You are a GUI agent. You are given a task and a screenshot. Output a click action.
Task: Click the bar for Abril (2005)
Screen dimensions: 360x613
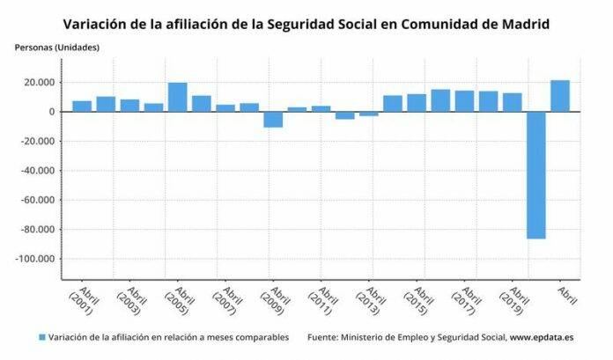178,98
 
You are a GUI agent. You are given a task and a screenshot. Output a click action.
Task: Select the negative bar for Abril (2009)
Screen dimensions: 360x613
273,120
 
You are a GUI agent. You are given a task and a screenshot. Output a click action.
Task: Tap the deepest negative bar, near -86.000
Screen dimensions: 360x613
536,175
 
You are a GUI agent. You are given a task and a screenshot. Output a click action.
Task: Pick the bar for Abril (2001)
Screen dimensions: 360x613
82,107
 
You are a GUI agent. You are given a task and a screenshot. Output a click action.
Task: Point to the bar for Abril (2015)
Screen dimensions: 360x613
417,103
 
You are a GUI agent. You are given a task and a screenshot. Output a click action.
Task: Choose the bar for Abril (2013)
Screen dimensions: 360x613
369,114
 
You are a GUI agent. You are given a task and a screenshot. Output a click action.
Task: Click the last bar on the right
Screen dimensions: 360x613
560,96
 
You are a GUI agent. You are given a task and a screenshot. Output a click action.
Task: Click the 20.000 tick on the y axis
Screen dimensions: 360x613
41,83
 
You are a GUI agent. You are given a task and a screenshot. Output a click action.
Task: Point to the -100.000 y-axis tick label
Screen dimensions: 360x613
36,260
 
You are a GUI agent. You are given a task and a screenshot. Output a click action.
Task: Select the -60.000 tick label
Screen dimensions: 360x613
39,201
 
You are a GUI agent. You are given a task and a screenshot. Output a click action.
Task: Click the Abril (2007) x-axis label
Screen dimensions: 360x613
225,303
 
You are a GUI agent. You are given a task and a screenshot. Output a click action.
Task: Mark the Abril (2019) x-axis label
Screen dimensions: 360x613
513,303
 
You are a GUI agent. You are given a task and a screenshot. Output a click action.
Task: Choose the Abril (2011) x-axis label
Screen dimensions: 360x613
321,303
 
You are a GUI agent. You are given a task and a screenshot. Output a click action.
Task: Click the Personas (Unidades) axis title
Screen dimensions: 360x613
56,46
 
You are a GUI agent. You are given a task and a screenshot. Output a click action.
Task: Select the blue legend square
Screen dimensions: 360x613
41,337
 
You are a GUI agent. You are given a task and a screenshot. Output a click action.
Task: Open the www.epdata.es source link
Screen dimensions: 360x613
544,337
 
